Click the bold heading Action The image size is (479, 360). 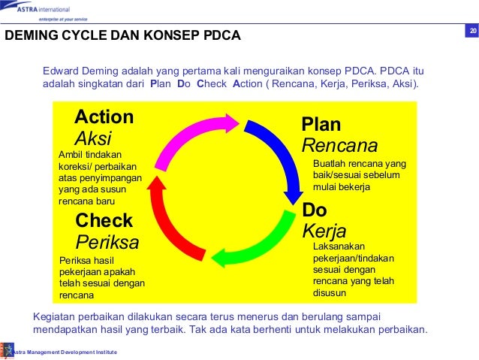(104, 117)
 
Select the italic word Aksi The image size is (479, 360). (93, 138)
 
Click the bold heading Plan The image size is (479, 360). (321, 124)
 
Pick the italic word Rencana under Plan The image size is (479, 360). (339, 145)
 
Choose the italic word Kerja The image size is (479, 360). (324, 231)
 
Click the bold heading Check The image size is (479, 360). (104, 221)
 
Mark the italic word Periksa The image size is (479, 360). (107, 242)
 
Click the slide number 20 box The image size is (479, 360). (472, 31)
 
